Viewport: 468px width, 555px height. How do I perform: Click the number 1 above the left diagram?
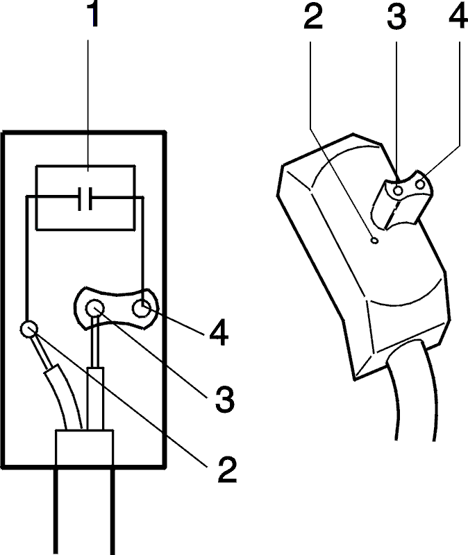point(94,13)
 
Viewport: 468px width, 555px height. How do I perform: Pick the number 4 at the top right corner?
point(458,16)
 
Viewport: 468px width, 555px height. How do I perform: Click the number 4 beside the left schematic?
point(219,332)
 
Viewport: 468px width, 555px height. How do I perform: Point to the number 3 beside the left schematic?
point(225,400)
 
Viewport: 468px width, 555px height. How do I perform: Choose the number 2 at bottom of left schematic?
point(227,470)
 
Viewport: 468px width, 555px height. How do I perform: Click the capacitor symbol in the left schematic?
point(85,198)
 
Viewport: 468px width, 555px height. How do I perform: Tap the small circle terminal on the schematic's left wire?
point(28,329)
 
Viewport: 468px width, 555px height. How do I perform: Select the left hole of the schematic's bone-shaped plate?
point(95,308)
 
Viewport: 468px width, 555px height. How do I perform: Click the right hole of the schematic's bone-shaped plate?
point(142,308)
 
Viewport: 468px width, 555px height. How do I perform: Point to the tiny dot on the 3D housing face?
point(374,241)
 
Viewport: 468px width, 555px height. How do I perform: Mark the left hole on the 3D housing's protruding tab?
point(398,191)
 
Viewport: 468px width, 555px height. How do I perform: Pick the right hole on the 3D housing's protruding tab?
point(421,185)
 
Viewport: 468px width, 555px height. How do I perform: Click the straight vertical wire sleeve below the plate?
point(96,399)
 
